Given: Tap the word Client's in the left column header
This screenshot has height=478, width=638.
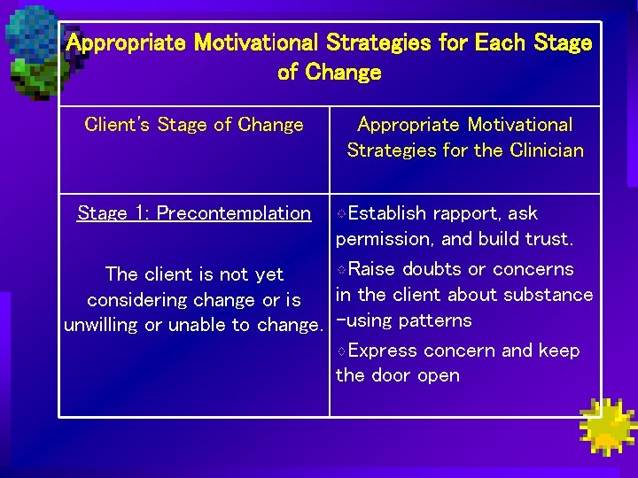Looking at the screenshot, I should pyautogui.click(x=118, y=125).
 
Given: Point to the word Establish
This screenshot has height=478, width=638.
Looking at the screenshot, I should pyautogui.click(x=387, y=213).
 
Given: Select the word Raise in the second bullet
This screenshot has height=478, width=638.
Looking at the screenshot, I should pyautogui.click(x=372, y=269).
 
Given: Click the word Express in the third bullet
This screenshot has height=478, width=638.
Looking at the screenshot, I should pyautogui.click(x=382, y=351).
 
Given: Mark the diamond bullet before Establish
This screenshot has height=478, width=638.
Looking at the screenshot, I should pyautogui.click(x=342, y=214).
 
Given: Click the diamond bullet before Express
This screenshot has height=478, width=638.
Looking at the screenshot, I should pyautogui.click(x=342, y=351).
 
